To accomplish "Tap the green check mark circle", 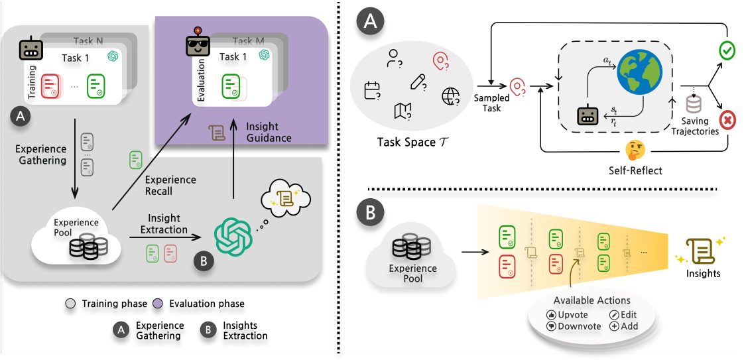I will click(x=728, y=51).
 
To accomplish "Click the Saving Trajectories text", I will click(x=695, y=127).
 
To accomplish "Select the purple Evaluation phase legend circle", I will click(x=160, y=304).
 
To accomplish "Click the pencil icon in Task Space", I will click(x=418, y=82).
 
